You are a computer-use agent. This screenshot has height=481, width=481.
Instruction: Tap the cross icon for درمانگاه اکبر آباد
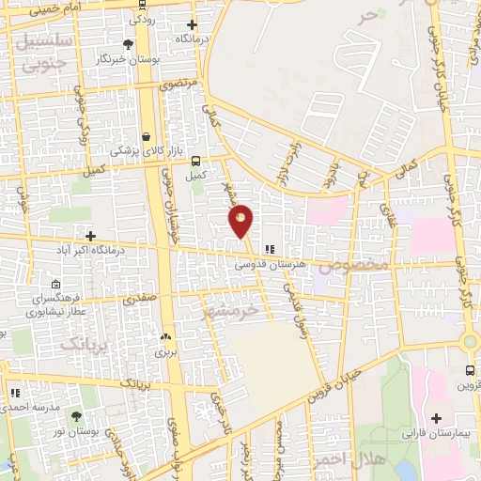90,236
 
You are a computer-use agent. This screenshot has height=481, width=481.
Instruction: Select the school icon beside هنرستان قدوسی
270,250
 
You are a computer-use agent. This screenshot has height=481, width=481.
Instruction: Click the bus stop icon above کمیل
195,160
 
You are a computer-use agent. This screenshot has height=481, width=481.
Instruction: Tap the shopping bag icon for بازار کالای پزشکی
146,135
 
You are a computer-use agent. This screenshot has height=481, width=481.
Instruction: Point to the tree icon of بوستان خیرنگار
129,43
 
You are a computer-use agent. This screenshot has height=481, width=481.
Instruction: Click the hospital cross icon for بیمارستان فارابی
436,417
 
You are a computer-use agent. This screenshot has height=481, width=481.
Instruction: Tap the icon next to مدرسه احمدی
14,393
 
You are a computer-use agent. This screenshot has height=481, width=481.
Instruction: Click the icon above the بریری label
165,336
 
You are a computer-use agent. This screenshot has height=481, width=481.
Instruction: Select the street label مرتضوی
178,84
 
